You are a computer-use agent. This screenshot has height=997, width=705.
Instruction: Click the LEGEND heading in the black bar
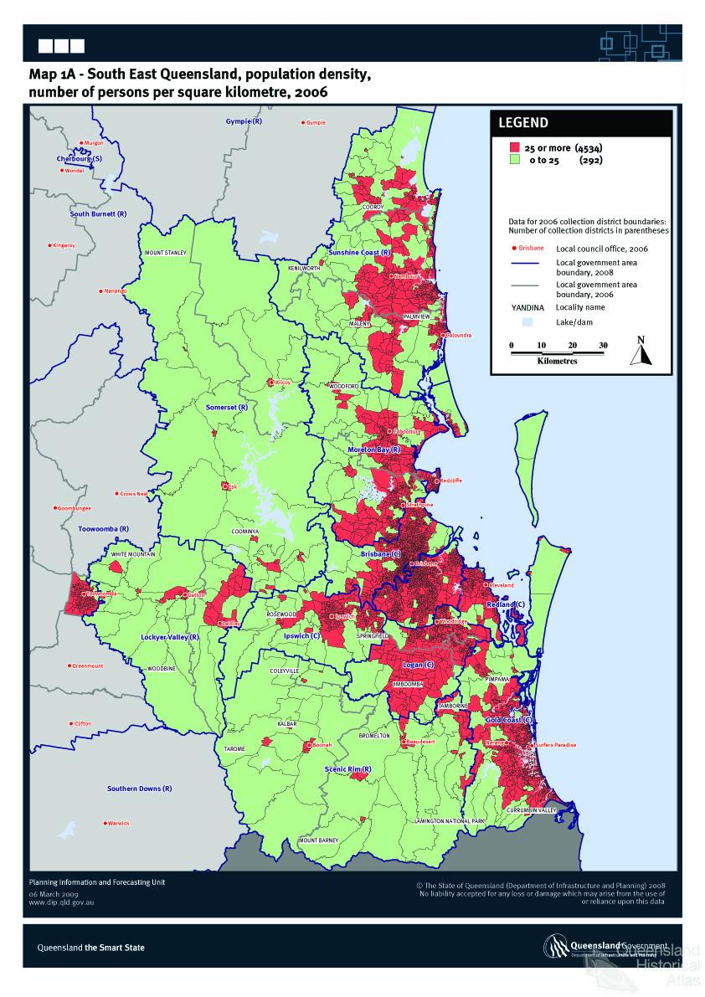click(523, 123)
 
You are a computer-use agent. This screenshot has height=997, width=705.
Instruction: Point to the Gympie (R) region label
click(244, 122)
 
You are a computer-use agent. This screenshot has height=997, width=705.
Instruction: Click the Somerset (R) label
click(226, 407)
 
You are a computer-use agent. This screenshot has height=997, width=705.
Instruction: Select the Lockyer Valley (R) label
click(169, 637)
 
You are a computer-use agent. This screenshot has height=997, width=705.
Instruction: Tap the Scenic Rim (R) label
click(348, 768)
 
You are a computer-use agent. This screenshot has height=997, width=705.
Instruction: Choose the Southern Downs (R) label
click(139, 789)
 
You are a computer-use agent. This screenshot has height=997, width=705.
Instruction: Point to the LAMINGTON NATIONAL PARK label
click(450, 822)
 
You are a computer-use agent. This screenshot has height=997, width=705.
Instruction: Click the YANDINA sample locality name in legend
click(522, 307)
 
